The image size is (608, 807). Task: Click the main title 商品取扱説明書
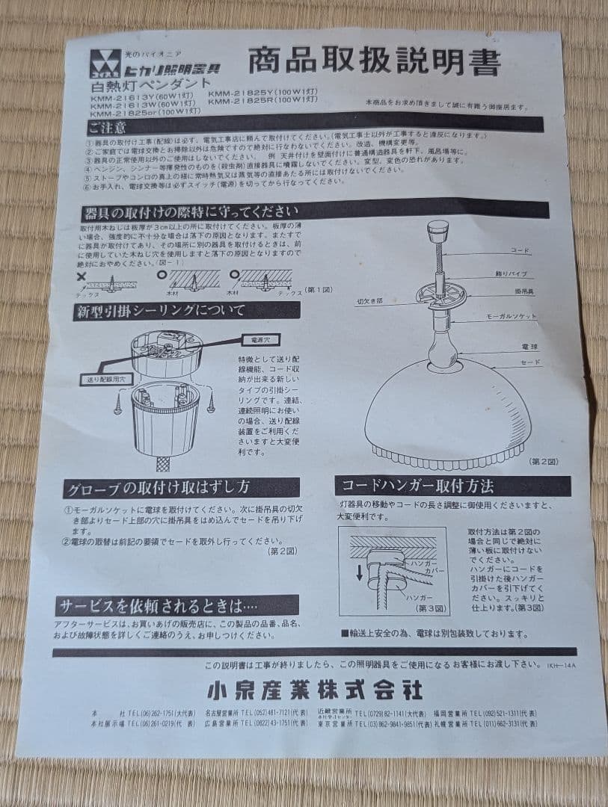point(374,64)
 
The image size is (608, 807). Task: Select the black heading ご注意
point(108,127)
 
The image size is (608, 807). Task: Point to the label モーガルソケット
point(533,317)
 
